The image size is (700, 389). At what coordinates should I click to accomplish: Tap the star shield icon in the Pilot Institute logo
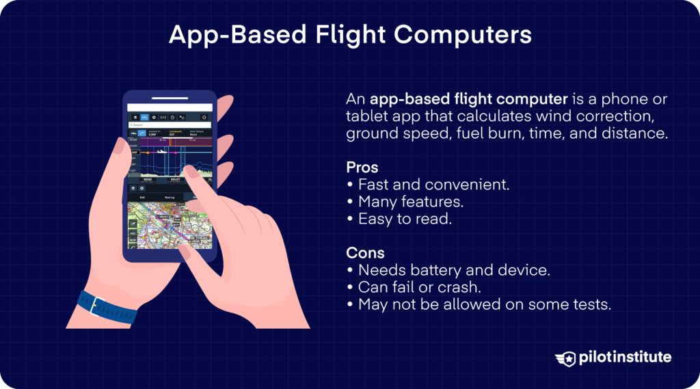point(565,357)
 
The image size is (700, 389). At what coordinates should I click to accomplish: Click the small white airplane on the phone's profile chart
point(161,150)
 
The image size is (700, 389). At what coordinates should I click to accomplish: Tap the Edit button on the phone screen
point(142,197)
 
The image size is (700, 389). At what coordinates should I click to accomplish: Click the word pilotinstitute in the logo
point(623,357)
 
